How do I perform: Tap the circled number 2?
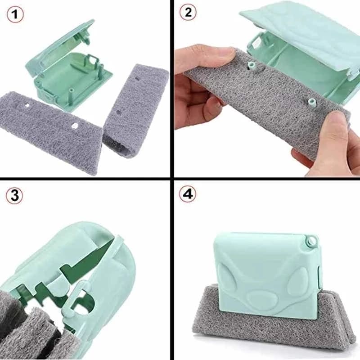[x=188, y=13]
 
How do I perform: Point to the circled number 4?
[x=188, y=194]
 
